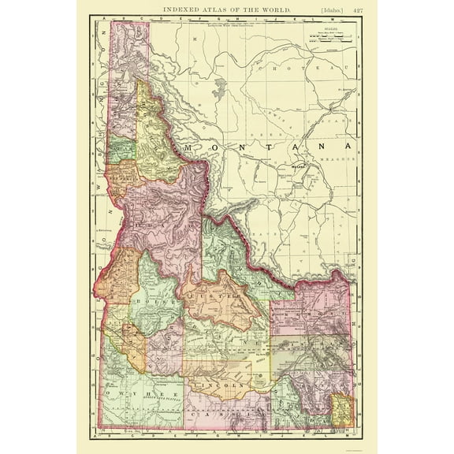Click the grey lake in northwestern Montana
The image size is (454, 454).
click(218, 87)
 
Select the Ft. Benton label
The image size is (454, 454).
click(345, 91)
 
